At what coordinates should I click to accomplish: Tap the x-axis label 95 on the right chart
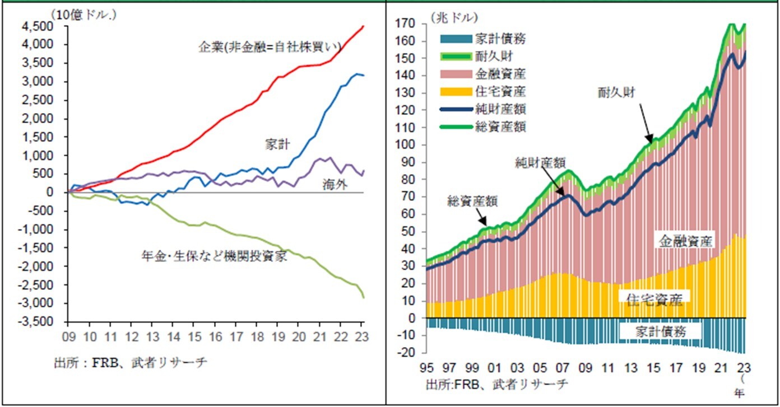(427, 370)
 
